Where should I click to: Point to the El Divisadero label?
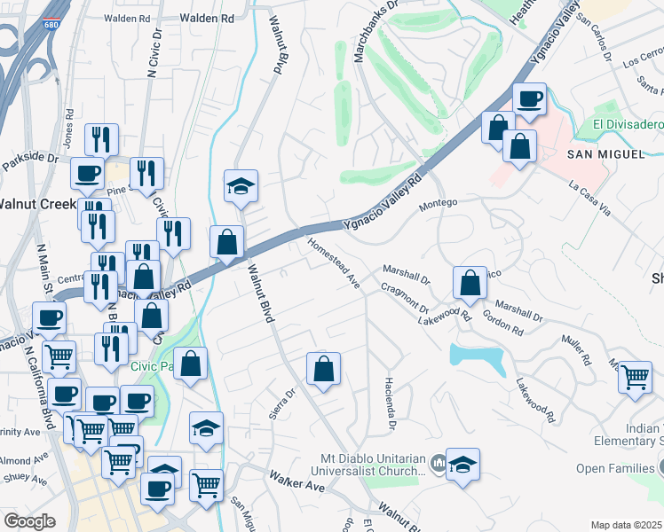point(628,125)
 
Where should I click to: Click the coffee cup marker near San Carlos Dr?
point(530,98)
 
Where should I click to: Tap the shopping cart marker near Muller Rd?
point(635,376)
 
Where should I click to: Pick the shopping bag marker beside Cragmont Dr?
point(470,283)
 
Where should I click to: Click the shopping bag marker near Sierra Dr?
point(324,369)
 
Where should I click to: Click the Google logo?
point(29,521)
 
